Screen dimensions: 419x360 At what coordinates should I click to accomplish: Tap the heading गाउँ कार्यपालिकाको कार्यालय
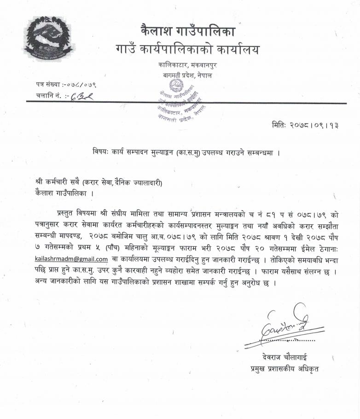click(x=186, y=49)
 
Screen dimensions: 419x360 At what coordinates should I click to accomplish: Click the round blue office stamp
click(x=178, y=103)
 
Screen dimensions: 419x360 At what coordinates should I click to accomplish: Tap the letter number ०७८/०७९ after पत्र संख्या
click(x=81, y=85)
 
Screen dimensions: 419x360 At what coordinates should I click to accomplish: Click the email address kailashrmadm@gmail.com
click(x=71, y=259)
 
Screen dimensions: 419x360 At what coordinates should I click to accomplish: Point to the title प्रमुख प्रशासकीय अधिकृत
click(x=282, y=368)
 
